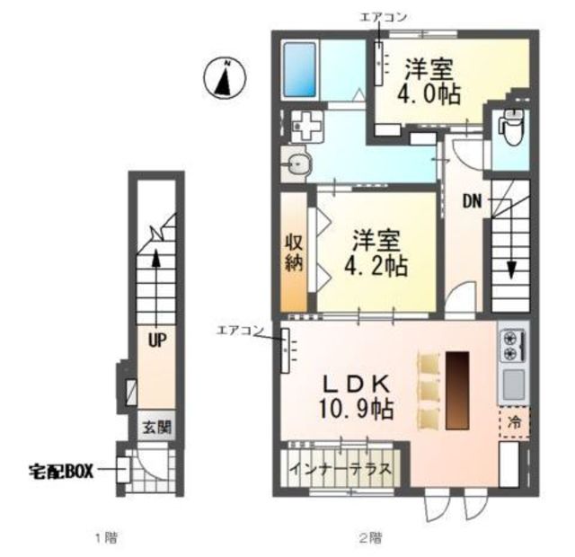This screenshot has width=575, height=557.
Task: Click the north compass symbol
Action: (225, 78)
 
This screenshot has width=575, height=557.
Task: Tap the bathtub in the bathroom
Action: (300, 70)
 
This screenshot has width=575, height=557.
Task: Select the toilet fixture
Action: (513, 129)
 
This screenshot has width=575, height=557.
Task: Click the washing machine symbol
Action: (307, 127)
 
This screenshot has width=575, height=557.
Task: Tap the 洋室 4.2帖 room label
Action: (376, 253)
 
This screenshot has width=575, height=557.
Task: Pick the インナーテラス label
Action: (340, 470)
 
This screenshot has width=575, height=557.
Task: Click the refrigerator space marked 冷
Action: (514, 422)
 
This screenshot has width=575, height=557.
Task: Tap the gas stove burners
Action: (512, 345)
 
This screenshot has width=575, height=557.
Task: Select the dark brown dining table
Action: (457, 391)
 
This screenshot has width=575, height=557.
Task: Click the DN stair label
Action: (473, 201)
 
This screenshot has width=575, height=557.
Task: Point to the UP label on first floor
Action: (157, 341)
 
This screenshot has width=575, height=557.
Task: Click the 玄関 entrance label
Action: (156, 428)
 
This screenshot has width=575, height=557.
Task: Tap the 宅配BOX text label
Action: (61, 472)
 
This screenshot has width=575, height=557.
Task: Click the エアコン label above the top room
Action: (384, 17)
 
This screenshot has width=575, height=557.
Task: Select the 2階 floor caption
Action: (370, 538)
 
